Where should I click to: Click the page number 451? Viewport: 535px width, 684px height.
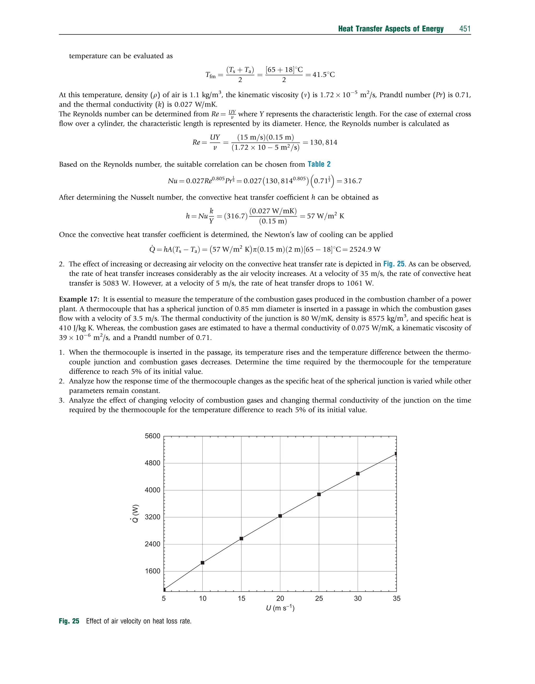(x=465, y=29)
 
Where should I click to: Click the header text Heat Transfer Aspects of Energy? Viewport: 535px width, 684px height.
(x=391, y=29)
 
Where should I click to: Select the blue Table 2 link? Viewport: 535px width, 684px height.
(x=319, y=164)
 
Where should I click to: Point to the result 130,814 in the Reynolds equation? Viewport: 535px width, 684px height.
(x=324, y=142)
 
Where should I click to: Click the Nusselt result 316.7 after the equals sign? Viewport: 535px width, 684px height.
(x=353, y=181)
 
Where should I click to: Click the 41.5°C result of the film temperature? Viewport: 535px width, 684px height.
(x=324, y=74)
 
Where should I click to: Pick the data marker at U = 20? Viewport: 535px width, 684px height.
(x=280, y=516)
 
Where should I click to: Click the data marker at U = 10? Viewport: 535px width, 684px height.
(x=202, y=563)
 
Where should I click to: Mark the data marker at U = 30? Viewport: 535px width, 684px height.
(x=358, y=474)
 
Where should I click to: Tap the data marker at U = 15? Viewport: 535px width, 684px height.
(x=241, y=539)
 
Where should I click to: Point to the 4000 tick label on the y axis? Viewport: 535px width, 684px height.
(x=152, y=490)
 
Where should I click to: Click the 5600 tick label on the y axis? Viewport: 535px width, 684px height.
(x=152, y=436)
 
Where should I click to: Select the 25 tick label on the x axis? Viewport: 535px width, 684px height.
(x=319, y=599)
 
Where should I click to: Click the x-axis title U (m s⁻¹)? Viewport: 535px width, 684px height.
(x=280, y=608)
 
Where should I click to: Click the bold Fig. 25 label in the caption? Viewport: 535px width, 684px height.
(x=69, y=621)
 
